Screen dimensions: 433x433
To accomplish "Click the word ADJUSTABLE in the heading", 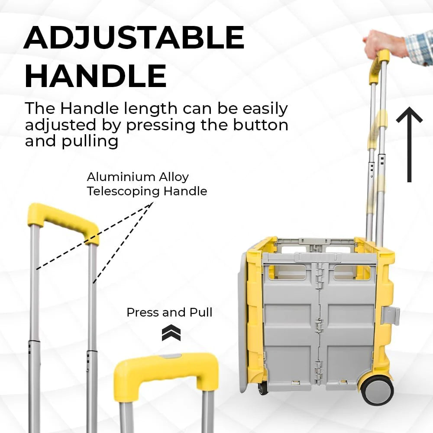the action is click(134, 38).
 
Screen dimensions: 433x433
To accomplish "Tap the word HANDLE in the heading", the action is click(96, 76).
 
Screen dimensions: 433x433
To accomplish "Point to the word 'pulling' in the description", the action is click(90, 142).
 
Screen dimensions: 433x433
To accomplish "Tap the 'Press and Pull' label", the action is click(170, 313).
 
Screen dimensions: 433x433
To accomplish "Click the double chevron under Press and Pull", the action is click(171, 333).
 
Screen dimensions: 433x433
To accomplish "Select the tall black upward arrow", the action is click(409, 145).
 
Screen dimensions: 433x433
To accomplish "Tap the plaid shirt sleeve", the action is click(420, 48).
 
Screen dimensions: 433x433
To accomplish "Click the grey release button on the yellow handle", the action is click(171, 356).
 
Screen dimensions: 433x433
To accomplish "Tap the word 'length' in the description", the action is click(151, 109).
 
